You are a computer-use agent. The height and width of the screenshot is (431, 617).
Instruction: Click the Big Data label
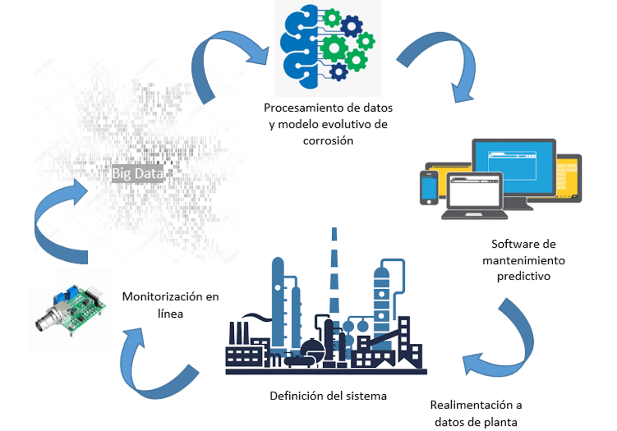click(138, 174)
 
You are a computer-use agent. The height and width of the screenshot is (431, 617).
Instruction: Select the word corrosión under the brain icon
click(328, 141)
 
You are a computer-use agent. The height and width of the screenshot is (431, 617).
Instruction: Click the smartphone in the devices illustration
click(429, 188)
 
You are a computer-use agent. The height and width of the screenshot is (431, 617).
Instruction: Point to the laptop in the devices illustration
click(474, 194)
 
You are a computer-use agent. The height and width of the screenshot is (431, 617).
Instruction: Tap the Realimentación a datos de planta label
click(476, 414)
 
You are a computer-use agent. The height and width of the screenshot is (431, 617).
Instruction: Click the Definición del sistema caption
click(328, 396)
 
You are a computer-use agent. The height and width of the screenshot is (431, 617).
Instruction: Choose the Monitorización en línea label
click(170, 305)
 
